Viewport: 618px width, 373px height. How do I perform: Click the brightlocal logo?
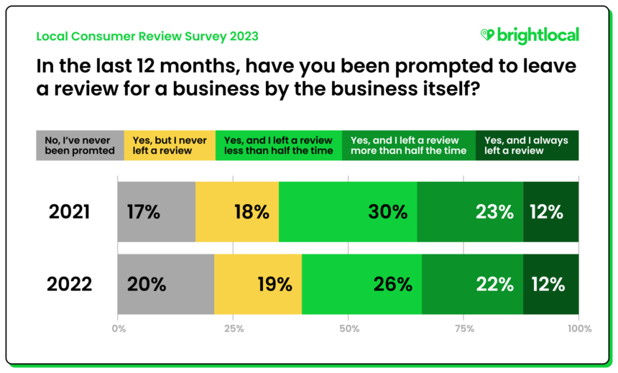click(x=529, y=35)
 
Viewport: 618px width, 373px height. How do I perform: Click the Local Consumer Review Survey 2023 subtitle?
click(x=147, y=36)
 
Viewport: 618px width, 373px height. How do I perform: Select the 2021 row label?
click(x=70, y=212)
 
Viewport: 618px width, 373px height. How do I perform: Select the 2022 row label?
click(x=70, y=284)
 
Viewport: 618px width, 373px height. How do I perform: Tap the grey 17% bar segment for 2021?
click(x=156, y=212)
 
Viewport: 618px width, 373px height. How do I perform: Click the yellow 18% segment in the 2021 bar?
click(x=237, y=212)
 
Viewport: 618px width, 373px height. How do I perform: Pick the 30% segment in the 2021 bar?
click(x=348, y=212)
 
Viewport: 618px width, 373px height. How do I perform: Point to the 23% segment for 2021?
click(x=470, y=212)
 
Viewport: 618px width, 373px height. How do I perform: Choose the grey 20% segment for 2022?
click(x=165, y=284)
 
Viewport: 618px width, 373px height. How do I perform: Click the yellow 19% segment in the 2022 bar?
click(x=258, y=284)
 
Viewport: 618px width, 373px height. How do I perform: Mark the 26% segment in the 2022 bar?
click(x=361, y=284)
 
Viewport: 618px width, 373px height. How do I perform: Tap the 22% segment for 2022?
click(x=472, y=284)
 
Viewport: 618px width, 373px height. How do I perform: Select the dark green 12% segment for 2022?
click(x=550, y=284)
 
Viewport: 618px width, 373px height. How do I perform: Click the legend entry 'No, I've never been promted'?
click(x=80, y=145)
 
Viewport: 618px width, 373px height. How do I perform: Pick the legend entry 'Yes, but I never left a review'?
click(x=170, y=145)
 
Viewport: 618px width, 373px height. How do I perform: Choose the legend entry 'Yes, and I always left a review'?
click(x=527, y=145)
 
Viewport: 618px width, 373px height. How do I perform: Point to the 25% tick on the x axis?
click(x=233, y=329)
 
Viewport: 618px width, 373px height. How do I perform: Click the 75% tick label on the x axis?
click(x=463, y=329)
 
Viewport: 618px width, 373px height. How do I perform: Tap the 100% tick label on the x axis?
click(x=578, y=329)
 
